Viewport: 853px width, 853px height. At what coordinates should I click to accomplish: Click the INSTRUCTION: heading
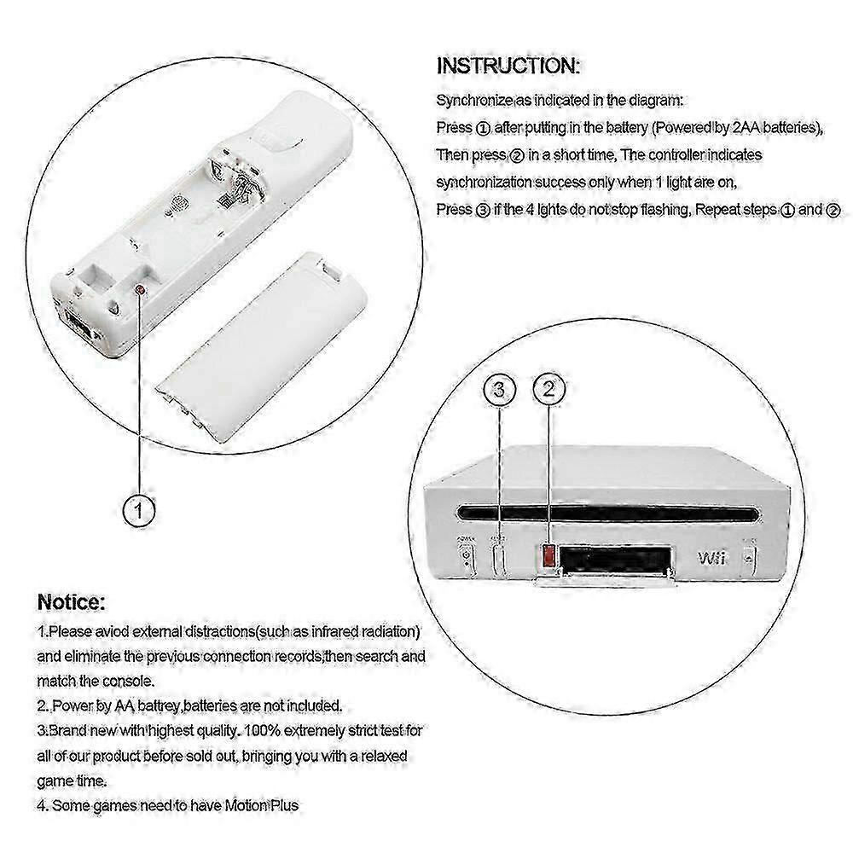pos(508,66)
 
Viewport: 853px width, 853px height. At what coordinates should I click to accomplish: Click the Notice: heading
pos(72,602)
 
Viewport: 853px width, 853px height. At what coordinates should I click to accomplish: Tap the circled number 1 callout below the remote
pos(139,510)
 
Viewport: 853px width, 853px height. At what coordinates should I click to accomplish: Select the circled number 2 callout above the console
pos(548,389)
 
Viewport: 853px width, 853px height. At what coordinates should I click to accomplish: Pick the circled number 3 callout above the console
pos(499,390)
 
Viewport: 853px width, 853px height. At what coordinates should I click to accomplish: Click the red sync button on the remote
pos(140,290)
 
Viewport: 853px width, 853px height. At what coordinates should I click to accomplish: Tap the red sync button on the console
pos(548,555)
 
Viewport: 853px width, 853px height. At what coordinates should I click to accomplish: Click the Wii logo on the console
pos(711,558)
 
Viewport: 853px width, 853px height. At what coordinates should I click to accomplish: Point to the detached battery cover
pos(260,347)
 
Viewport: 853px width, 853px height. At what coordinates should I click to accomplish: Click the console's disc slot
pos(608,513)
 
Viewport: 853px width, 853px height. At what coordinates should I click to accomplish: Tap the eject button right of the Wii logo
pos(749,558)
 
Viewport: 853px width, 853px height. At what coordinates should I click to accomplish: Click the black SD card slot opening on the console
pos(615,559)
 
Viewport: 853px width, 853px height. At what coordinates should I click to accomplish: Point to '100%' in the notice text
pos(262,730)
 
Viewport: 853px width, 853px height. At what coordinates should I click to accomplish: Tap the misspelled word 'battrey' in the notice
pos(159,706)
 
